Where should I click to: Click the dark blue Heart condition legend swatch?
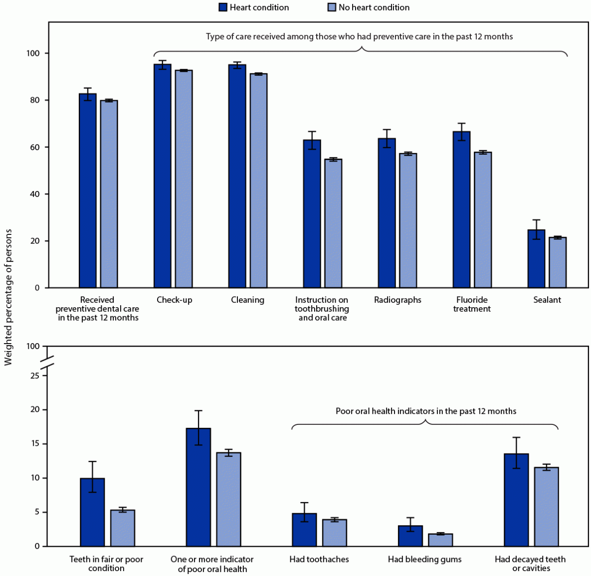(223, 7)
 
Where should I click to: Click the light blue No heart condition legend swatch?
(332, 7)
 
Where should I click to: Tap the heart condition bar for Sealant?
(537, 259)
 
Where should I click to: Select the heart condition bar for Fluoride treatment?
(462, 209)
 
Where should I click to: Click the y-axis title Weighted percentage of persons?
(8, 297)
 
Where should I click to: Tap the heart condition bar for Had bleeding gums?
(410, 536)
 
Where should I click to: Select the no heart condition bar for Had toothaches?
(335, 533)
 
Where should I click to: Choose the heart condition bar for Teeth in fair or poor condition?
(93, 512)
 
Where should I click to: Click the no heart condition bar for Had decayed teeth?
(547, 507)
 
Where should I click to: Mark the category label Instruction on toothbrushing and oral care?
(322, 309)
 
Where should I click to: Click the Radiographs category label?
(397, 300)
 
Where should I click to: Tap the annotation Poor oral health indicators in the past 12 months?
(426, 411)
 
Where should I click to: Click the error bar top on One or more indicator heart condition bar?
(198, 410)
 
